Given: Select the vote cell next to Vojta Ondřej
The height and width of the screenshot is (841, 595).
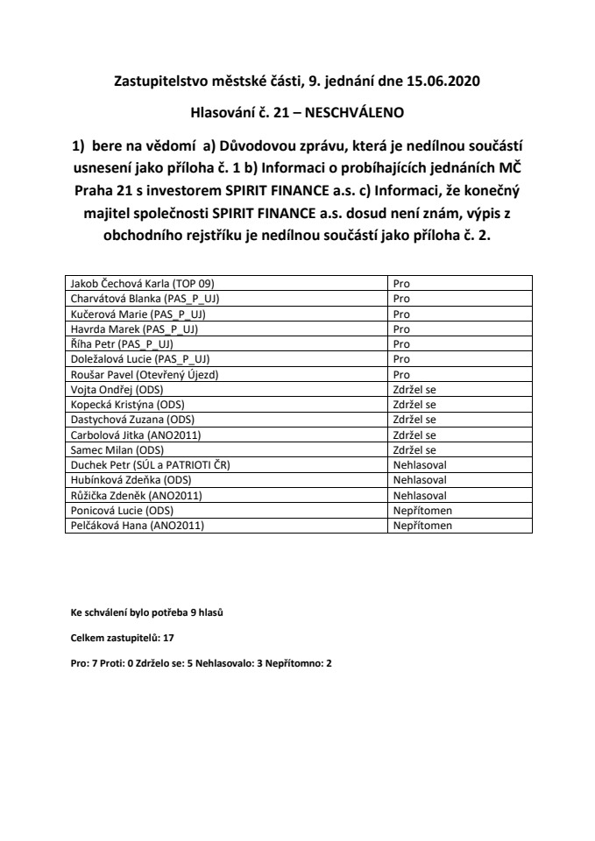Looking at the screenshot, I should (415, 389).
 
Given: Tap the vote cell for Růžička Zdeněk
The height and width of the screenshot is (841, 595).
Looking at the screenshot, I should (421, 495).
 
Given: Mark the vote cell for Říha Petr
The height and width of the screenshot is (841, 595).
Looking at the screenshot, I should (402, 344).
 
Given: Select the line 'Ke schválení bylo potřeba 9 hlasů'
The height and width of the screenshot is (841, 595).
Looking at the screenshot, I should (146, 612).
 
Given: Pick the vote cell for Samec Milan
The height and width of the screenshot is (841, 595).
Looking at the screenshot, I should (415, 449).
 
